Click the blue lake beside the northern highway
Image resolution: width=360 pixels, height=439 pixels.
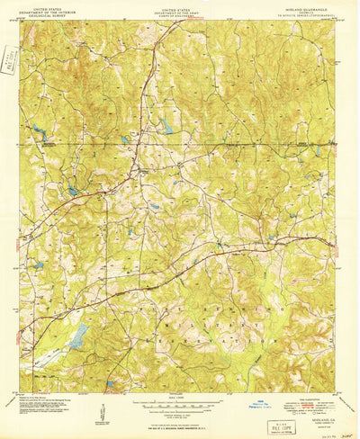pyautogui.click(x=166, y=128)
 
